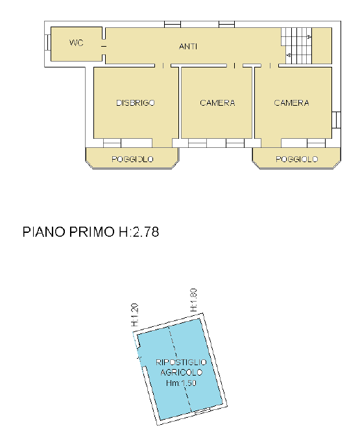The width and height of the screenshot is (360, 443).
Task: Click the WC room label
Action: click(x=77, y=43)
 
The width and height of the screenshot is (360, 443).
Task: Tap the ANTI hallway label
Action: click(x=188, y=46)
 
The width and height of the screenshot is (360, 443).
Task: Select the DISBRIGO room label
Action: click(x=136, y=102)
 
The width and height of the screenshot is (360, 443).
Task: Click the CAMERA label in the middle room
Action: click(x=217, y=102)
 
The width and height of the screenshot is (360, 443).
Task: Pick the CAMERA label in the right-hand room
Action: click(x=291, y=102)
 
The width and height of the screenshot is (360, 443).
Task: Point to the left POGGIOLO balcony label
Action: click(x=132, y=160)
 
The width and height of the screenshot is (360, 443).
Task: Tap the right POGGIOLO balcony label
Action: click(x=296, y=160)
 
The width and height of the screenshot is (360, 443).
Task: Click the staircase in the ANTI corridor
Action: click(x=296, y=45)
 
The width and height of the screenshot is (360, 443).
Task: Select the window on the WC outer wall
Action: click(x=47, y=43)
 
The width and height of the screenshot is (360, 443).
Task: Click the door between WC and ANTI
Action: click(x=104, y=47)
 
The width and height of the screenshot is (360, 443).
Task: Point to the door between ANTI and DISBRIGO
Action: click(x=163, y=66)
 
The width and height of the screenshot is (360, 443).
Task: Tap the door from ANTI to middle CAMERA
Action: click(x=235, y=66)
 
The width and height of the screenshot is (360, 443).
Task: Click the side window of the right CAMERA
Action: click(x=336, y=120)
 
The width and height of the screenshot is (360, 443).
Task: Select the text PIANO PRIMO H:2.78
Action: click(x=91, y=232)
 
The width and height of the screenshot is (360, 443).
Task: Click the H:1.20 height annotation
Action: click(x=135, y=315)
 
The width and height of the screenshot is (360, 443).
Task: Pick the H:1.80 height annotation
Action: click(x=193, y=300)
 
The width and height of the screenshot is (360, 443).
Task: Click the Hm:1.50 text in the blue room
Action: click(x=181, y=383)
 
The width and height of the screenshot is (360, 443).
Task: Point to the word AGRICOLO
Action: click(x=182, y=372)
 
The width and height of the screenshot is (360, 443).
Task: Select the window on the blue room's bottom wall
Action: click(x=202, y=411)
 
